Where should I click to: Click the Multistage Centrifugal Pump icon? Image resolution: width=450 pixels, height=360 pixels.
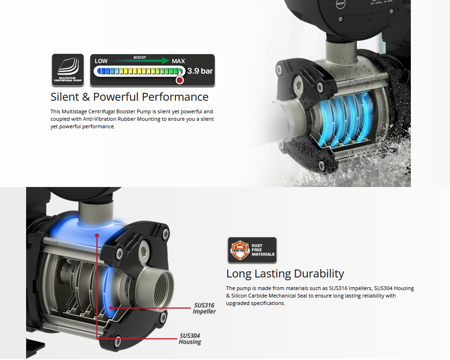(x=68, y=70)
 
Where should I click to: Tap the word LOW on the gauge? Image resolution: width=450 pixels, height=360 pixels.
(x=101, y=61)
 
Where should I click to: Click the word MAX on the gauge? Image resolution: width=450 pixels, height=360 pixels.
(x=178, y=61)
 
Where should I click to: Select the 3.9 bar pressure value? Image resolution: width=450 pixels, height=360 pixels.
(x=200, y=71)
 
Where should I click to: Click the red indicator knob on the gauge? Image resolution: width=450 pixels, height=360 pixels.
(x=180, y=80)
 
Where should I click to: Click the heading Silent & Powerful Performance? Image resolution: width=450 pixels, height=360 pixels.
(x=129, y=97)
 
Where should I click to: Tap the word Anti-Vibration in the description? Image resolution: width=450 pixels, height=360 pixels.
(x=97, y=119)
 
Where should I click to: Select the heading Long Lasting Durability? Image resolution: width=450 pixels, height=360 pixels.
(x=285, y=274)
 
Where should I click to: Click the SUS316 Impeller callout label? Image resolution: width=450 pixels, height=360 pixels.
(x=204, y=308)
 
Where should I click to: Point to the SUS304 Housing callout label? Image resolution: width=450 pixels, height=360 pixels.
(x=190, y=339)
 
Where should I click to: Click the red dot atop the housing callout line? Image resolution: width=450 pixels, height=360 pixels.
(x=97, y=236)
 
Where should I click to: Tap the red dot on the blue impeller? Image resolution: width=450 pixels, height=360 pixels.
(x=111, y=308)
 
